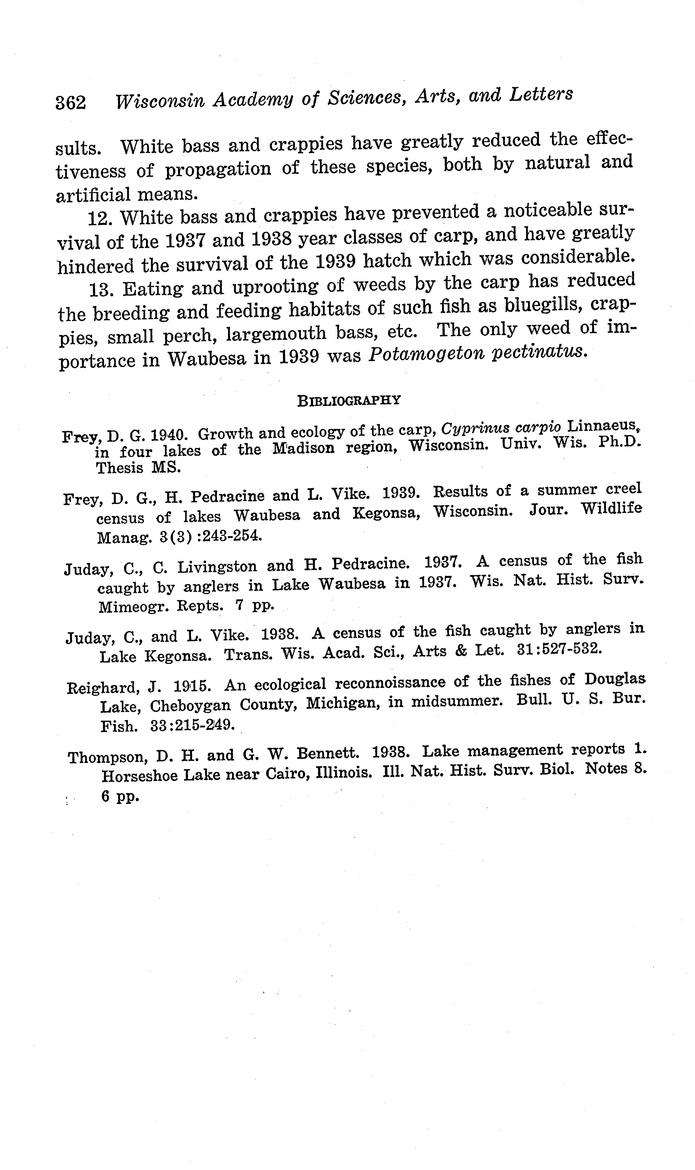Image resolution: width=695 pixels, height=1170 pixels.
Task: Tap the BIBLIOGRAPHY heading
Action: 349,401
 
